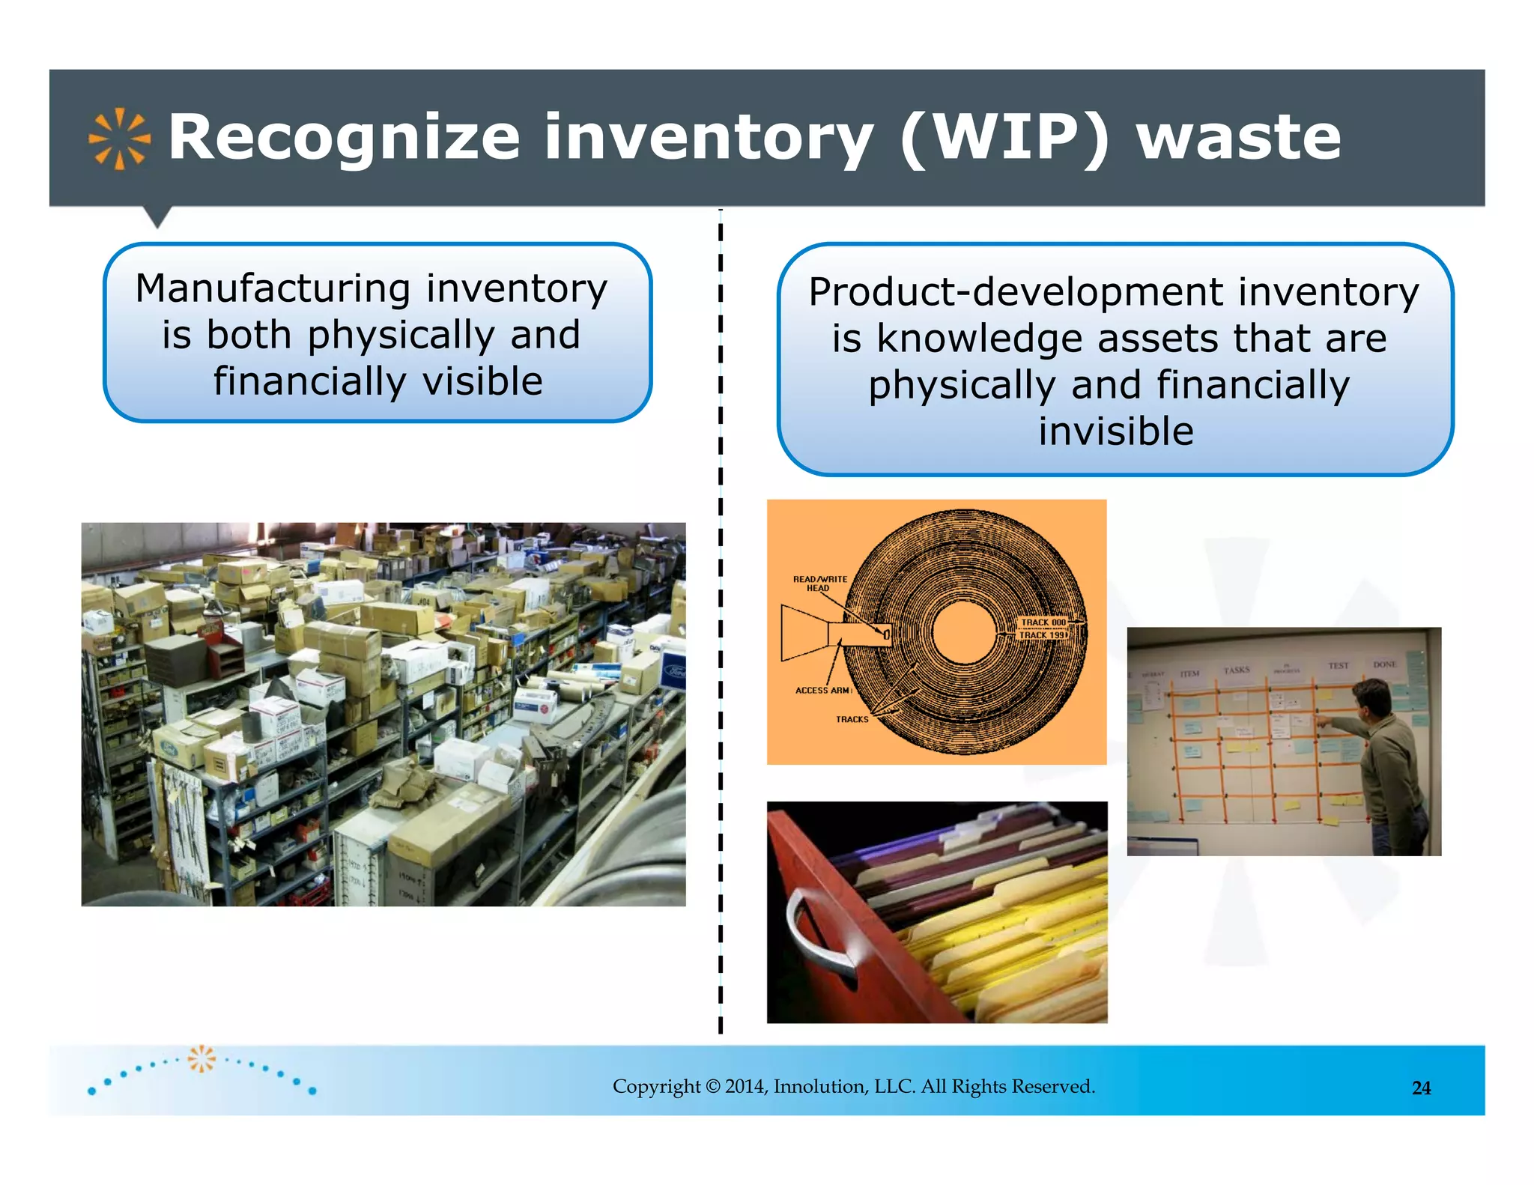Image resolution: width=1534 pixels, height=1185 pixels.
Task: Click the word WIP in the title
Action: [1004, 138]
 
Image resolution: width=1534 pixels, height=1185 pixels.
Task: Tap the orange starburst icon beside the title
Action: [119, 139]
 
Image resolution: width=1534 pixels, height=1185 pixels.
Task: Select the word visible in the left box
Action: [482, 381]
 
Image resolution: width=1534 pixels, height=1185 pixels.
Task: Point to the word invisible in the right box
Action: [1115, 431]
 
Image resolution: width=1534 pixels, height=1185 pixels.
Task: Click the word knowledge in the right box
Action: [980, 339]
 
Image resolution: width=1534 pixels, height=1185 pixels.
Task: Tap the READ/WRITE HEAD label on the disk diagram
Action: [819, 584]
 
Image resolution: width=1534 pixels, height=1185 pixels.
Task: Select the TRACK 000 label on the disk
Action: [1043, 622]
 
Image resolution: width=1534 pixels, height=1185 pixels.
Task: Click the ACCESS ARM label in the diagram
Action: [822, 691]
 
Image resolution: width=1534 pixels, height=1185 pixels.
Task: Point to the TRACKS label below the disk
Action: [852, 719]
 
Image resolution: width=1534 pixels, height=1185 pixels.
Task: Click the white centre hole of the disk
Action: [965, 632]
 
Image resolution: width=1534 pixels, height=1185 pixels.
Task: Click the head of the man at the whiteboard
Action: [1371, 697]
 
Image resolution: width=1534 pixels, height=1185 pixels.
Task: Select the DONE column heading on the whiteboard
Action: [1384, 664]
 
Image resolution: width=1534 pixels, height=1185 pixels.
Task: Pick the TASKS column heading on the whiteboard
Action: [1237, 670]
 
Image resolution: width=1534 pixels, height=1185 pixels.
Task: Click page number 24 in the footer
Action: [1421, 1088]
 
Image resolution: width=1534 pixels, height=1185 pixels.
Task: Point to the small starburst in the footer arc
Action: [201, 1058]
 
